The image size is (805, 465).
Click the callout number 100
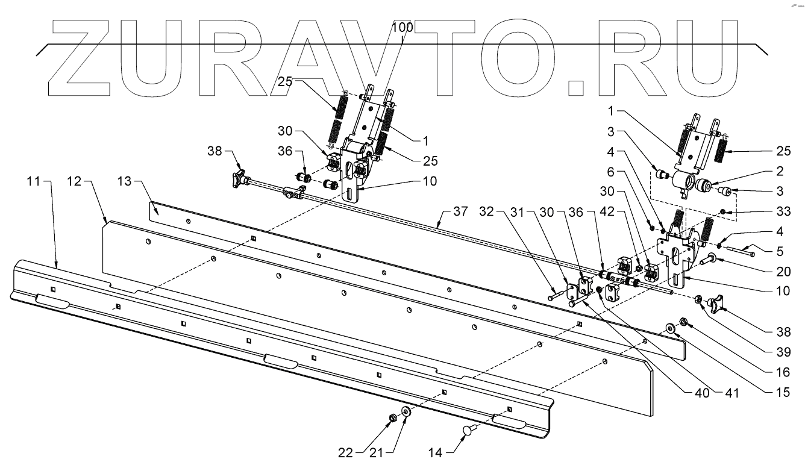(x=402, y=27)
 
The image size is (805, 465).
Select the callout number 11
(x=35, y=180)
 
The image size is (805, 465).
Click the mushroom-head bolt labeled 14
(x=469, y=429)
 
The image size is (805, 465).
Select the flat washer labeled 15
(x=670, y=328)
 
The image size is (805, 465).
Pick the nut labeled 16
(x=683, y=322)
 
